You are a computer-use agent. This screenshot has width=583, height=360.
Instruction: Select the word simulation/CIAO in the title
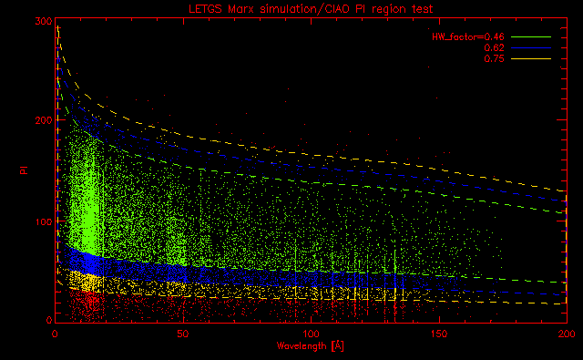point(305,9)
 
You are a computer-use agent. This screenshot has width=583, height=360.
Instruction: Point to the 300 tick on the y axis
point(44,21)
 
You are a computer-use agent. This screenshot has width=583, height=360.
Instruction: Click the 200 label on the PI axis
point(44,120)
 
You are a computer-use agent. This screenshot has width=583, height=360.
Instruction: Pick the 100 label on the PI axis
point(44,221)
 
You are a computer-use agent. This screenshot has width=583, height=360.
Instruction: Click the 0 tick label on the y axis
point(49,320)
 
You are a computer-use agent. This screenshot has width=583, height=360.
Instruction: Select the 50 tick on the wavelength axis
point(182,334)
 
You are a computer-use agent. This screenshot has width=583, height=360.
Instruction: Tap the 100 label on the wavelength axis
point(311,334)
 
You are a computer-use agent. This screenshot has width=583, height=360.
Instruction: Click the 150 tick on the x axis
point(439,334)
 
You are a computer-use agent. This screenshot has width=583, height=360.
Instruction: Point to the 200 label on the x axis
point(567,334)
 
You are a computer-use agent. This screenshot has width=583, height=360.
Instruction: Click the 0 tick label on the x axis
point(55,334)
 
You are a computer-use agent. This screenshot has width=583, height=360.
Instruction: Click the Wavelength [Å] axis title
point(311,346)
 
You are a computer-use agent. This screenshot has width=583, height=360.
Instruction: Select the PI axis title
point(25,170)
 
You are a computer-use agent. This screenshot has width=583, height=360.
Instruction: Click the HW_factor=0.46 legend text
point(468,36)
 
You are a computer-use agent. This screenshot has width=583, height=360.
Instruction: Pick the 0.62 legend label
point(494,47)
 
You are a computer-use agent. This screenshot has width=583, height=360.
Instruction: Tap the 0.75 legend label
point(494,58)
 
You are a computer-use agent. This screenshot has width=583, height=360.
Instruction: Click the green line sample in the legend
point(531,36)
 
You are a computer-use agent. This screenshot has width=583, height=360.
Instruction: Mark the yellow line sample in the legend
point(531,58)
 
